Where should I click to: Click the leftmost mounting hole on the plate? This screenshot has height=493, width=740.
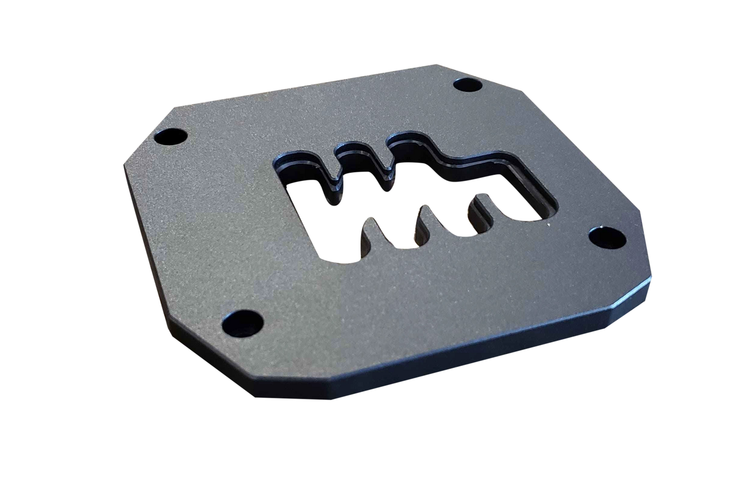(174, 137)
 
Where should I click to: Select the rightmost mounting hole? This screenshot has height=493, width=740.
(607, 237)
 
